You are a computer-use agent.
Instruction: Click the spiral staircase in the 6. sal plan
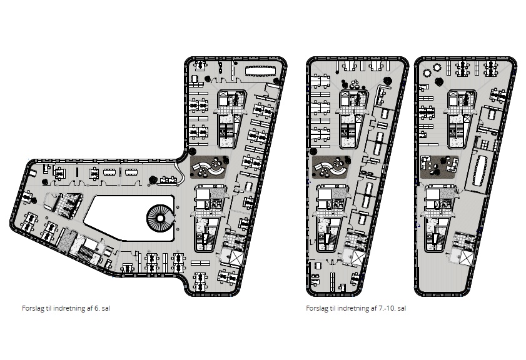(160, 219)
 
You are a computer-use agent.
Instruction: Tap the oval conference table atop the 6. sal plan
(261, 71)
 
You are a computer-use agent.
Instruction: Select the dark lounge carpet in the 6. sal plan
(210, 166)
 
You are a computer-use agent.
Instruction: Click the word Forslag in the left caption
(34, 308)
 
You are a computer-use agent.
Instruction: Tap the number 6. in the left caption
(97, 308)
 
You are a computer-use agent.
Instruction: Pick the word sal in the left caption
(106, 308)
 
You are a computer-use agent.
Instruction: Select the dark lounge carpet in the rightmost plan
(439, 167)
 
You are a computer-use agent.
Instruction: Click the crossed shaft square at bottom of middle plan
(358, 257)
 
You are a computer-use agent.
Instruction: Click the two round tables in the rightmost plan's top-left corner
(432, 71)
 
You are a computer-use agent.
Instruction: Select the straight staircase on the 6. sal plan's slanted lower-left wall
(85, 252)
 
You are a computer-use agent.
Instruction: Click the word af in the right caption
(374, 308)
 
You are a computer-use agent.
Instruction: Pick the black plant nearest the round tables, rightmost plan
(439, 81)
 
